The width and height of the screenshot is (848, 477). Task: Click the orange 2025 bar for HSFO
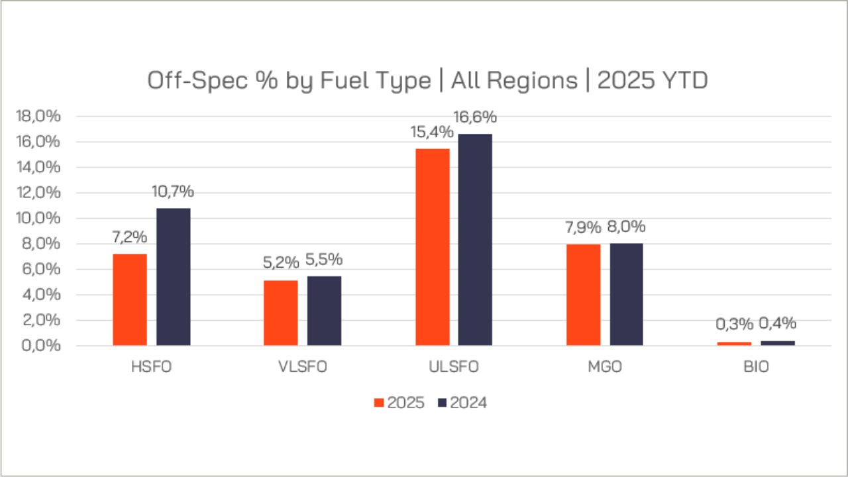[130, 299]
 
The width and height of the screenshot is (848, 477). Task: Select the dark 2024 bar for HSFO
[174, 277]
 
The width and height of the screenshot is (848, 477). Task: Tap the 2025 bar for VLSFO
[281, 313]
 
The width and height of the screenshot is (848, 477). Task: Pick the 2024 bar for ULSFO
[475, 240]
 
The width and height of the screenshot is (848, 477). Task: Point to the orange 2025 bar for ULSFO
[433, 247]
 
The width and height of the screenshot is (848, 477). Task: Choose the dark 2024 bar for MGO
[626, 295]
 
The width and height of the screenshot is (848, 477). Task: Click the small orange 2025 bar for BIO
[735, 343]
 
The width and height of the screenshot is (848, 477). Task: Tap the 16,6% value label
[475, 118]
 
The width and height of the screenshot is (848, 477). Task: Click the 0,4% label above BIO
[777, 324]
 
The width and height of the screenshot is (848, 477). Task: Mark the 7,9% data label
[584, 227]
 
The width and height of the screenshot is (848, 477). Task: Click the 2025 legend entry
[399, 403]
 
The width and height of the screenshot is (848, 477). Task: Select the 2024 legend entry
[462, 403]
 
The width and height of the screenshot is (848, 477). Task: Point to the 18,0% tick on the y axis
[38, 117]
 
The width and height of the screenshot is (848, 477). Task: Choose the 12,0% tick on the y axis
[38, 193]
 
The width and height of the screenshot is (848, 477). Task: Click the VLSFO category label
[303, 367]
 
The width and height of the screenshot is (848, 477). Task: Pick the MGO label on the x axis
[605, 367]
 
